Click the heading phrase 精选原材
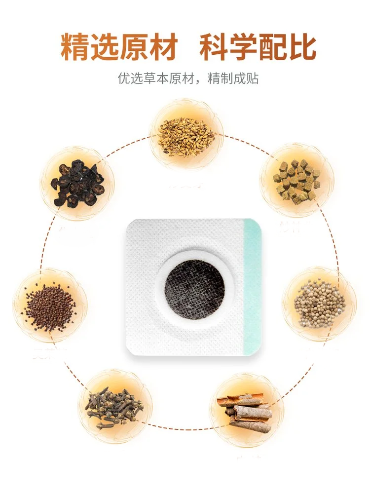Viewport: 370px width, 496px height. pos(118,47)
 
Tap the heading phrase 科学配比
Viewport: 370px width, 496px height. pos(258,47)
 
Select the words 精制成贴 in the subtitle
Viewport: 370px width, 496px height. pos(234,78)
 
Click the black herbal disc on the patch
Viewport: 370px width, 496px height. pos(194,289)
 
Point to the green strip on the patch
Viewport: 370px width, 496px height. pos(253,286)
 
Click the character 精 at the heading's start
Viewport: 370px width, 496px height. pos(75,47)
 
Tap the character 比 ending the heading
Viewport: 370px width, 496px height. pos(301,47)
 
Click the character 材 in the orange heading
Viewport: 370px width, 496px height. pos(161,47)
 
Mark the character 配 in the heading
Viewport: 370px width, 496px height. pos(272,47)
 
